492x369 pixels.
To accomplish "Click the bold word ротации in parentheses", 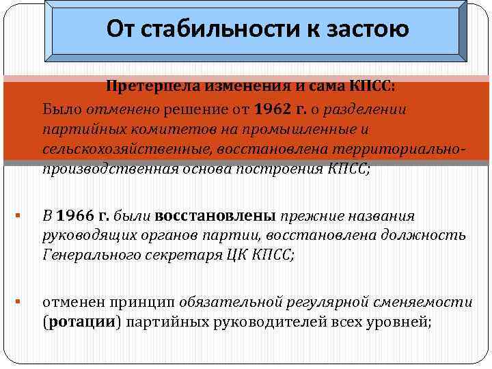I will click(x=74, y=323).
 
